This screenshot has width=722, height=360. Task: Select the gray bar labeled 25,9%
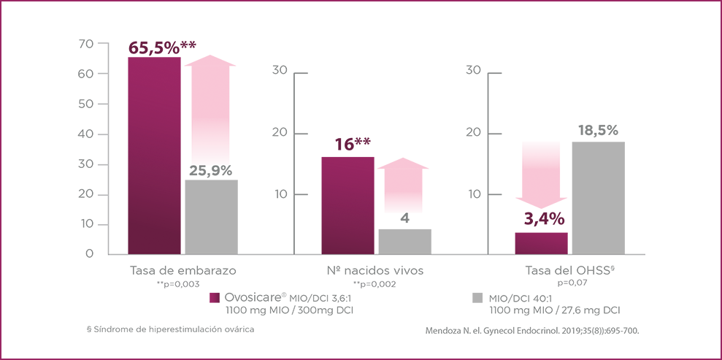coord(211,217)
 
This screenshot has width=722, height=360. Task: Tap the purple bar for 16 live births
coord(348,205)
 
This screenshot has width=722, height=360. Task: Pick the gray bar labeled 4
coord(404,242)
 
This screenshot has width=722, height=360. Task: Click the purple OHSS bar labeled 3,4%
coord(541,243)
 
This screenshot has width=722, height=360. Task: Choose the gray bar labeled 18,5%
coord(598,198)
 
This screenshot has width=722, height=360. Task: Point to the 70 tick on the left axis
coord(85,44)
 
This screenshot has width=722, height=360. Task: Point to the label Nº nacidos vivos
coord(375,270)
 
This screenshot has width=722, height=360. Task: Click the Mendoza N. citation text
coord(532,331)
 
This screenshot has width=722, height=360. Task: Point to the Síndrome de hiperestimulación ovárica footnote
coord(171,330)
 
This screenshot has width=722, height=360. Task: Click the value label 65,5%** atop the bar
coord(161,47)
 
